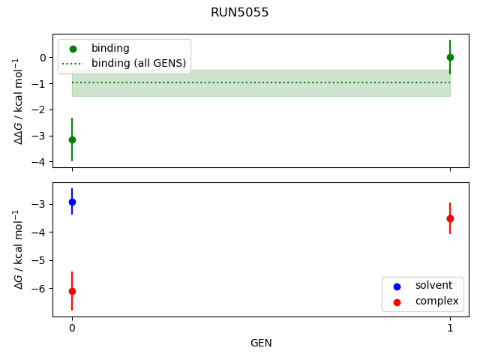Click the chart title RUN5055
pyautogui.click(x=240, y=13)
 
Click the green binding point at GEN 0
pyautogui.click(x=72, y=139)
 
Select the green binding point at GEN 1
pyautogui.click(x=450, y=57)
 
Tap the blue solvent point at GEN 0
pyautogui.click(x=72, y=202)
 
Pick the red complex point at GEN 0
pyautogui.click(x=72, y=291)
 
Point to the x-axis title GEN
pyautogui.click(x=261, y=343)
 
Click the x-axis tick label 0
pyautogui.click(x=72, y=328)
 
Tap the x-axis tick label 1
pyautogui.click(x=450, y=328)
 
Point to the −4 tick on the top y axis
pyautogui.click(x=41, y=162)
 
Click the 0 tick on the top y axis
pyautogui.click(x=43, y=58)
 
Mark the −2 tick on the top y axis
pyautogui.click(x=41, y=110)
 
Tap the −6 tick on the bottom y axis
pyautogui.click(x=41, y=289)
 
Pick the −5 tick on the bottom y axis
pyautogui.click(x=41, y=261)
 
